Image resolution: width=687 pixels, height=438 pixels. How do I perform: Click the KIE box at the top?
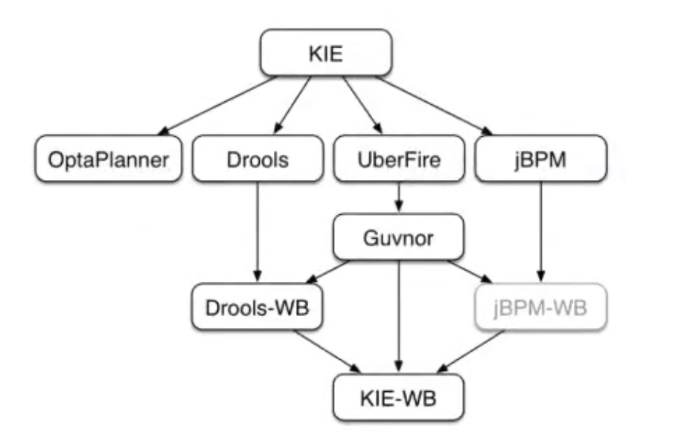click(x=325, y=53)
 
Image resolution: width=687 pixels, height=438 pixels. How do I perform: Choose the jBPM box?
click(x=541, y=158)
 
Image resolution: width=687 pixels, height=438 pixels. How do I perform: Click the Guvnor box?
click(x=400, y=238)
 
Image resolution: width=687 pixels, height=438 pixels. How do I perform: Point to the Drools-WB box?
click(x=258, y=306)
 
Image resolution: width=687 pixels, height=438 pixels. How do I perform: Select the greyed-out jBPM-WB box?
click(x=541, y=306)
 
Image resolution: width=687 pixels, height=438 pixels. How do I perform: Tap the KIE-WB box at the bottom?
click(x=400, y=396)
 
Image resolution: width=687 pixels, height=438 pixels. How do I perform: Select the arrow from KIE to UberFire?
click(x=357, y=104)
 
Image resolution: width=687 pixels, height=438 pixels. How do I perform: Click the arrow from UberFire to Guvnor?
click(x=400, y=198)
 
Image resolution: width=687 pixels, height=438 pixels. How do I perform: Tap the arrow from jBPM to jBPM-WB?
click(x=541, y=231)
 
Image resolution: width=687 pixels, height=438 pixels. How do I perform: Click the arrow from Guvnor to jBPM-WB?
click(x=469, y=271)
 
